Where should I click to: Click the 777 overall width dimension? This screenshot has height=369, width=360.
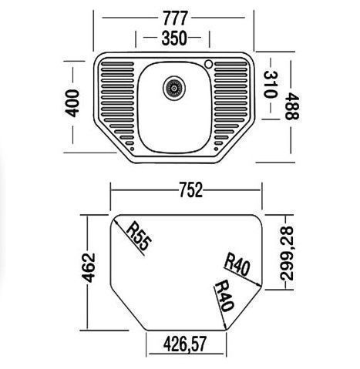(175, 18)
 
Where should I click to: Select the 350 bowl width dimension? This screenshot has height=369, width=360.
(174, 38)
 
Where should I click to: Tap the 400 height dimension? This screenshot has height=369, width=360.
(72, 103)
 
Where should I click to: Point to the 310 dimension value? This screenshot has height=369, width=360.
(270, 85)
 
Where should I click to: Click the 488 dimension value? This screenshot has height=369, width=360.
(292, 106)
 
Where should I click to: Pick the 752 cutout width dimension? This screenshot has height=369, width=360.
(191, 190)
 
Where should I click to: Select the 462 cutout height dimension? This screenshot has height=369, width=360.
(88, 268)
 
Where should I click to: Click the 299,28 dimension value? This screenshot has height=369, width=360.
(286, 253)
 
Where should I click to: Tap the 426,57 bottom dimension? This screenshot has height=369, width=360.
(185, 344)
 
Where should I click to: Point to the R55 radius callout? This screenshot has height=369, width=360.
(137, 236)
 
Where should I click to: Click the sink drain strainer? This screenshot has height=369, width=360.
(174, 88)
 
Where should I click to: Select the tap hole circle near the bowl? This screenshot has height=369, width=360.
(208, 64)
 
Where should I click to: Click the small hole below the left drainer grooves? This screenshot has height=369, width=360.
(132, 149)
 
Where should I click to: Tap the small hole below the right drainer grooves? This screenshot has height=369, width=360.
(216, 149)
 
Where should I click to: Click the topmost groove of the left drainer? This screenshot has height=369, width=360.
(117, 64)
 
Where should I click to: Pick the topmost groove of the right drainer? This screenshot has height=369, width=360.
(230, 64)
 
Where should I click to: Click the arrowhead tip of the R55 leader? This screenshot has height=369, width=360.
(114, 219)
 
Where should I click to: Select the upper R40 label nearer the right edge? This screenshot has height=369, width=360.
(237, 265)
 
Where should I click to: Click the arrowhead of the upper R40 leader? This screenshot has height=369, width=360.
(261, 285)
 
